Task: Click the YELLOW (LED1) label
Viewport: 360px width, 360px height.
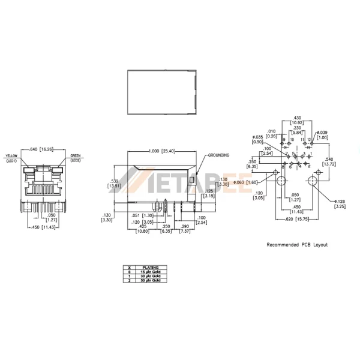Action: click(x=11, y=158)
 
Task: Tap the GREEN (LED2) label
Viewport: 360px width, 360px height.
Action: click(x=76, y=158)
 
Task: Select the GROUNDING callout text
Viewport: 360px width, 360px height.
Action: click(x=218, y=155)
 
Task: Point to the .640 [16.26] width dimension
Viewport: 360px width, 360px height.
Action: click(x=41, y=149)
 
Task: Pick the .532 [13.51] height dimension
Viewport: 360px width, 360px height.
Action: click(x=114, y=183)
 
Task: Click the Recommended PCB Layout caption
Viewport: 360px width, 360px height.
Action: click(x=297, y=245)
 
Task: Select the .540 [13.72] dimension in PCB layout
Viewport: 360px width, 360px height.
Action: click(x=331, y=161)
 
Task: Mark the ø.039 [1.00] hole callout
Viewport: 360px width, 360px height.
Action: click(x=323, y=135)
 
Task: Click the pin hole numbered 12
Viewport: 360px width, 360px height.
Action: click(x=309, y=144)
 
